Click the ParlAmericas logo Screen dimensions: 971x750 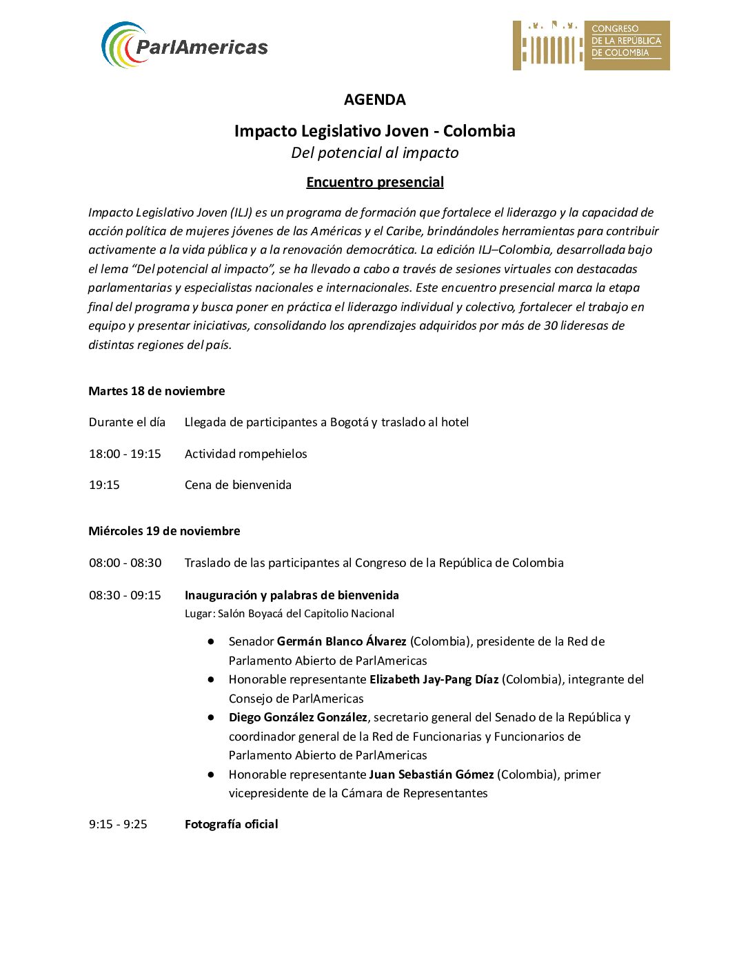coord(184,46)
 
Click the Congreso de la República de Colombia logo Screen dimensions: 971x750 coord(591,46)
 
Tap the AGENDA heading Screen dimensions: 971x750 coord(374,100)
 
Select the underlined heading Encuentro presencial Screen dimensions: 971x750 coord(374,182)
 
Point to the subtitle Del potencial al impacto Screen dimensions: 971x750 coord(374,153)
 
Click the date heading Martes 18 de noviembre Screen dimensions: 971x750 coord(156,391)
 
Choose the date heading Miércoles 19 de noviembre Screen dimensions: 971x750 coord(164,531)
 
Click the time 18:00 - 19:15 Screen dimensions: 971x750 coord(125,454)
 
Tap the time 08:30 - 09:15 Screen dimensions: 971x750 coord(125,595)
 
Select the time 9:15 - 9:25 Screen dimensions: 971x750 coord(118,824)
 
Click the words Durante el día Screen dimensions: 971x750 coord(127,422)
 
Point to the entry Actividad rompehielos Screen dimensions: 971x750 coord(245,454)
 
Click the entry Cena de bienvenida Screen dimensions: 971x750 coord(238,485)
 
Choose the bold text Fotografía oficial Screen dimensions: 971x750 coord(231,824)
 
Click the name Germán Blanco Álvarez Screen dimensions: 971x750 coord(341,641)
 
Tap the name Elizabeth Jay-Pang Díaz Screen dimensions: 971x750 coord(434,679)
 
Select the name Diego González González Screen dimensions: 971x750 coord(298,717)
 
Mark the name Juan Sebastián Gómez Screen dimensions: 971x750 coord(431,774)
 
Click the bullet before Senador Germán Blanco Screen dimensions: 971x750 coord(211,641)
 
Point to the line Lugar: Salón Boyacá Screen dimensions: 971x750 coord(290,614)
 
